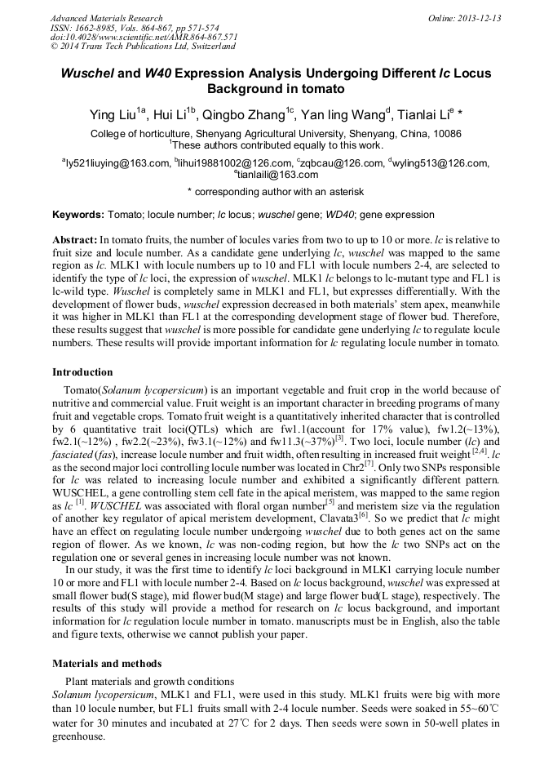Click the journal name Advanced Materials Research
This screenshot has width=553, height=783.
[x=106, y=18]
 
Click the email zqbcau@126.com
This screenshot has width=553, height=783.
[x=343, y=163]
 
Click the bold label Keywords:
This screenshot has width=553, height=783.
[x=78, y=215]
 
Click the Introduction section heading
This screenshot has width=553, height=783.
[x=82, y=372]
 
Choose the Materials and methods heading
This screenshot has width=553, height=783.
[x=107, y=663]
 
